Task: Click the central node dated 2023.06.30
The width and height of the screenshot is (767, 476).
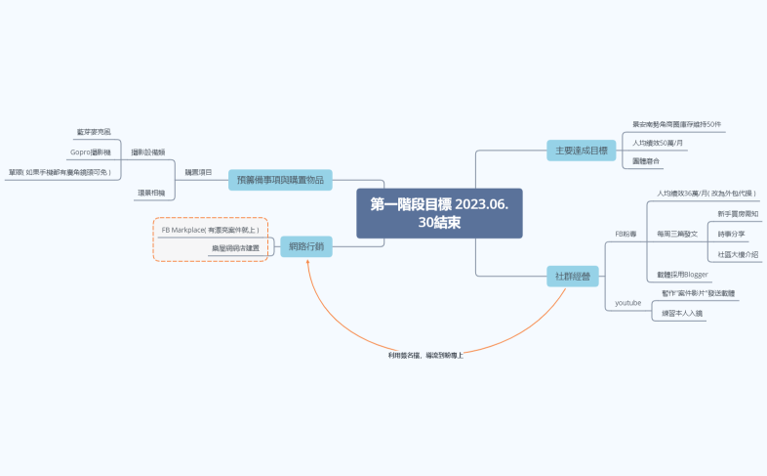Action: (x=439, y=213)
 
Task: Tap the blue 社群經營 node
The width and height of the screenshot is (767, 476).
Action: (x=572, y=277)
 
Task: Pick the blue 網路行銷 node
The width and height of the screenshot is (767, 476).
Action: (x=305, y=246)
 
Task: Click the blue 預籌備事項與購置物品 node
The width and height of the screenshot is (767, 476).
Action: (x=280, y=180)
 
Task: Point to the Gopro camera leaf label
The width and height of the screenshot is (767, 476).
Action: (x=91, y=152)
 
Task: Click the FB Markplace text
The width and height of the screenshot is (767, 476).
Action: (x=210, y=229)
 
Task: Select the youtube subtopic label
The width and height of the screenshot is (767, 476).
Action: (x=627, y=303)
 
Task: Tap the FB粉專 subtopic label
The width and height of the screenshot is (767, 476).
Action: (x=626, y=235)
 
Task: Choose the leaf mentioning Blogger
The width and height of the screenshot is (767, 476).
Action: (x=682, y=275)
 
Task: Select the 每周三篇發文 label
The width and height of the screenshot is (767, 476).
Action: (x=677, y=235)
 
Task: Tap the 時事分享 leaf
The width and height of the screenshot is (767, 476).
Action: (x=731, y=235)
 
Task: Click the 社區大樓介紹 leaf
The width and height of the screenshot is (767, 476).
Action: (x=737, y=254)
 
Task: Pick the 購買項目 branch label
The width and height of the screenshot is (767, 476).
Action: (x=198, y=172)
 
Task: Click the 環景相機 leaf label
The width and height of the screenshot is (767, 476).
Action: (x=150, y=193)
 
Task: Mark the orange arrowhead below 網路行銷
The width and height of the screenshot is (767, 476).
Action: (x=308, y=265)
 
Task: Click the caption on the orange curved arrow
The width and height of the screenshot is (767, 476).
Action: (x=424, y=355)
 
